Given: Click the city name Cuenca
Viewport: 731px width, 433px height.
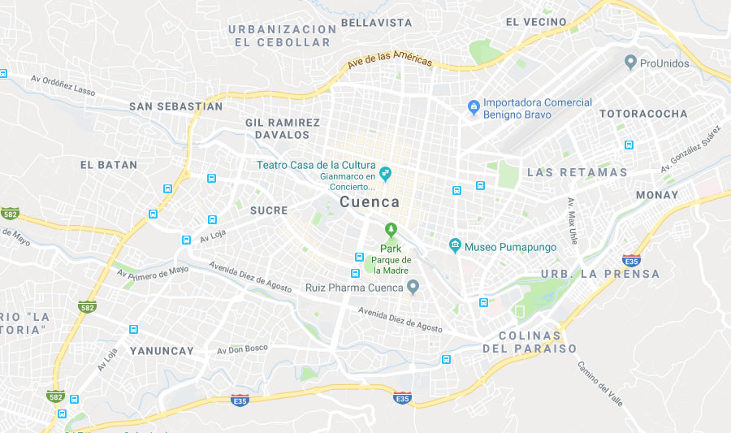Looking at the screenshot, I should (x=370, y=201).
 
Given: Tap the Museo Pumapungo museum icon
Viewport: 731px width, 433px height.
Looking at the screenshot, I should (x=456, y=245).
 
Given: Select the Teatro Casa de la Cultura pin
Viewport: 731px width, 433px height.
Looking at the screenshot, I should (x=386, y=172).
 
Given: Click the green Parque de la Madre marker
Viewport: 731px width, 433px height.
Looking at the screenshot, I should (x=391, y=230).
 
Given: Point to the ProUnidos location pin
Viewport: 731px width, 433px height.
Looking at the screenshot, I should (x=629, y=63).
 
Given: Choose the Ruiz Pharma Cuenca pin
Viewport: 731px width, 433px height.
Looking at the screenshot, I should (x=413, y=287).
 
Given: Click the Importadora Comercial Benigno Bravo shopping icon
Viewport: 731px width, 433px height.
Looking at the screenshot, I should (x=474, y=107).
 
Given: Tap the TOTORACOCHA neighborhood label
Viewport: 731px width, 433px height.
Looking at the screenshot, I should (x=643, y=114).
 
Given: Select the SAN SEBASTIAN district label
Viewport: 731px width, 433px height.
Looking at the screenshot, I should (x=175, y=106).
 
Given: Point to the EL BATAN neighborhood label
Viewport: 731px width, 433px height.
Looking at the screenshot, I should (x=109, y=165).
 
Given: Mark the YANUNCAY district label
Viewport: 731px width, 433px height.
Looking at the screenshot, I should (x=162, y=351).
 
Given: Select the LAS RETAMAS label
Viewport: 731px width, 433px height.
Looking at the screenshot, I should (x=577, y=172).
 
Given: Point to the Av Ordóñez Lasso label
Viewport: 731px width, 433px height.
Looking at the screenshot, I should (x=63, y=85).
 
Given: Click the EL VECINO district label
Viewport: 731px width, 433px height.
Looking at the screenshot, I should (x=536, y=22).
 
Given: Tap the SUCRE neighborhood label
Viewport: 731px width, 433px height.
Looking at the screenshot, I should (x=269, y=210).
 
